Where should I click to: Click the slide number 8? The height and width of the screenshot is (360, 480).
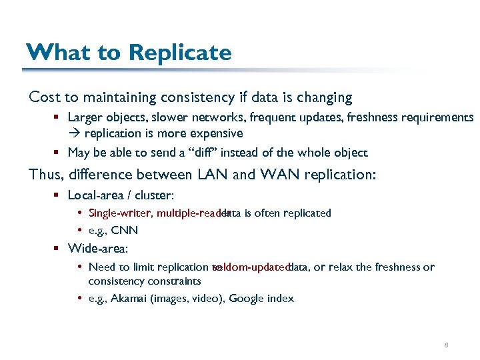click(445, 345)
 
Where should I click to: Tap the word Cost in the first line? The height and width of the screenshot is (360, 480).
click(45, 97)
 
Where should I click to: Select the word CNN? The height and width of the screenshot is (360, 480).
click(125, 231)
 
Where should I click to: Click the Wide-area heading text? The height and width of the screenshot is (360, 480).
click(98, 249)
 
